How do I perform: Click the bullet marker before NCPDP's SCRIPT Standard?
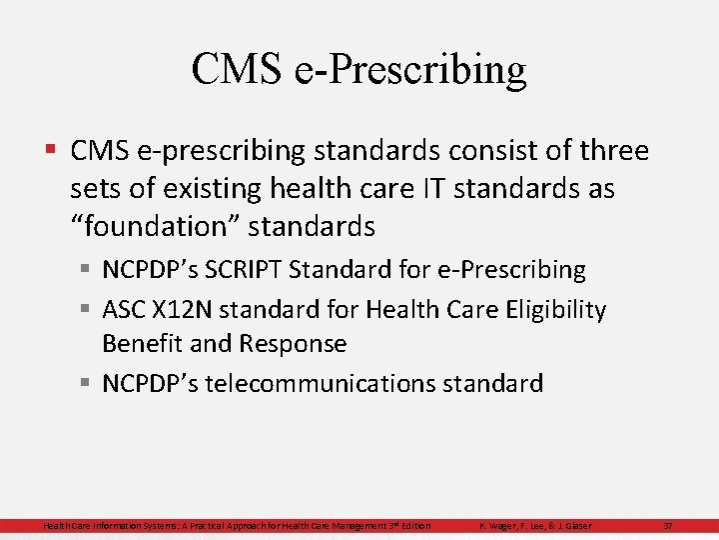coord(88,270)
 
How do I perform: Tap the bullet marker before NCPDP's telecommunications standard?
coord(88,383)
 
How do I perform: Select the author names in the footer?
coord(535,526)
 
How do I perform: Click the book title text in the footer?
coord(237,526)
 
